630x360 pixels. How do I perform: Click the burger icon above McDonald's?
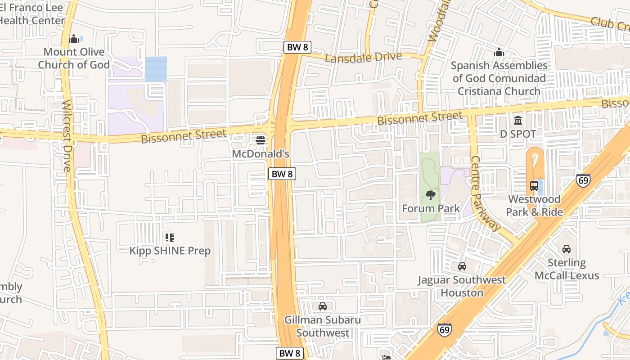(x=260, y=140)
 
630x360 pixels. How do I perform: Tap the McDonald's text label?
(x=260, y=154)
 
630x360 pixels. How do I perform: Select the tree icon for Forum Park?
(x=431, y=195)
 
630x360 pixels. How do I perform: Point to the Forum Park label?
(x=431, y=208)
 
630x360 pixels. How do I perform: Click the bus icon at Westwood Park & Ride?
(x=534, y=185)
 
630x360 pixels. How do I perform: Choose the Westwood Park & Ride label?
(x=535, y=205)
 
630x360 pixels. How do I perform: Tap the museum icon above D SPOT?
(x=518, y=121)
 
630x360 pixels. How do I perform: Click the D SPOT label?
(x=518, y=134)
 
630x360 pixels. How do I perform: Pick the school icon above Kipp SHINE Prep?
(x=170, y=237)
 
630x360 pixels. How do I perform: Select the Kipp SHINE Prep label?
(x=170, y=251)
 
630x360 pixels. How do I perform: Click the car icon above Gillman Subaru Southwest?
(x=323, y=306)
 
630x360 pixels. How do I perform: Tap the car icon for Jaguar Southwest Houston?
(x=462, y=266)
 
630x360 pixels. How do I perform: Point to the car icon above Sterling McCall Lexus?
(x=567, y=249)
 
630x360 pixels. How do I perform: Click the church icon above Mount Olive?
(x=74, y=39)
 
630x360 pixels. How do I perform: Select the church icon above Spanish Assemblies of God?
(x=499, y=53)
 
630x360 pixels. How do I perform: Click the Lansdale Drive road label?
(x=363, y=58)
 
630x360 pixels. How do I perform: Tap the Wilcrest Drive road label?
(x=67, y=135)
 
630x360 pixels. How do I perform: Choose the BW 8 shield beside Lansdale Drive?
(x=297, y=47)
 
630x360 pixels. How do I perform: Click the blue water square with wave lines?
(x=156, y=69)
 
